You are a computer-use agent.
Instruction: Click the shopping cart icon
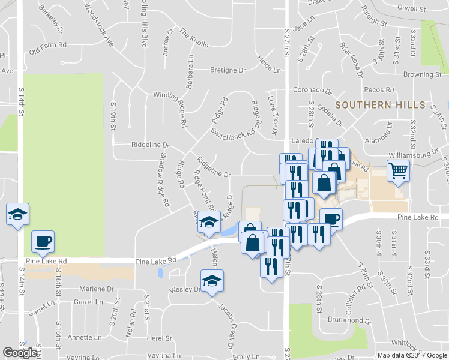pyautogui.click(x=399, y=171)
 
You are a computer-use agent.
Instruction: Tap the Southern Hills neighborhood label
pyautogui.click(x=380, y=105)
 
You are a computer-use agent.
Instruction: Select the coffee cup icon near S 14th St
pyautogui.click(x=43, y=241)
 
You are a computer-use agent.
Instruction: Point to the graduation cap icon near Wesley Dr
pyautogui.click(x=212, y=281)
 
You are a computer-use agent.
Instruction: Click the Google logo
pyautogui.click(x=20, y=353)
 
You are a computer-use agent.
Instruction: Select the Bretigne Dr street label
pyautogui.click(x=228, y=70)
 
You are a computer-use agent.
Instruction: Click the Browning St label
pyautogui.click(x=422, y=75)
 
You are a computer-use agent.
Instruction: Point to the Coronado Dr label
pyautogui.click(x=312, y=90)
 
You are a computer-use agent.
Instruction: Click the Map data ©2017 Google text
pyautogui.click(x=411, y=355)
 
